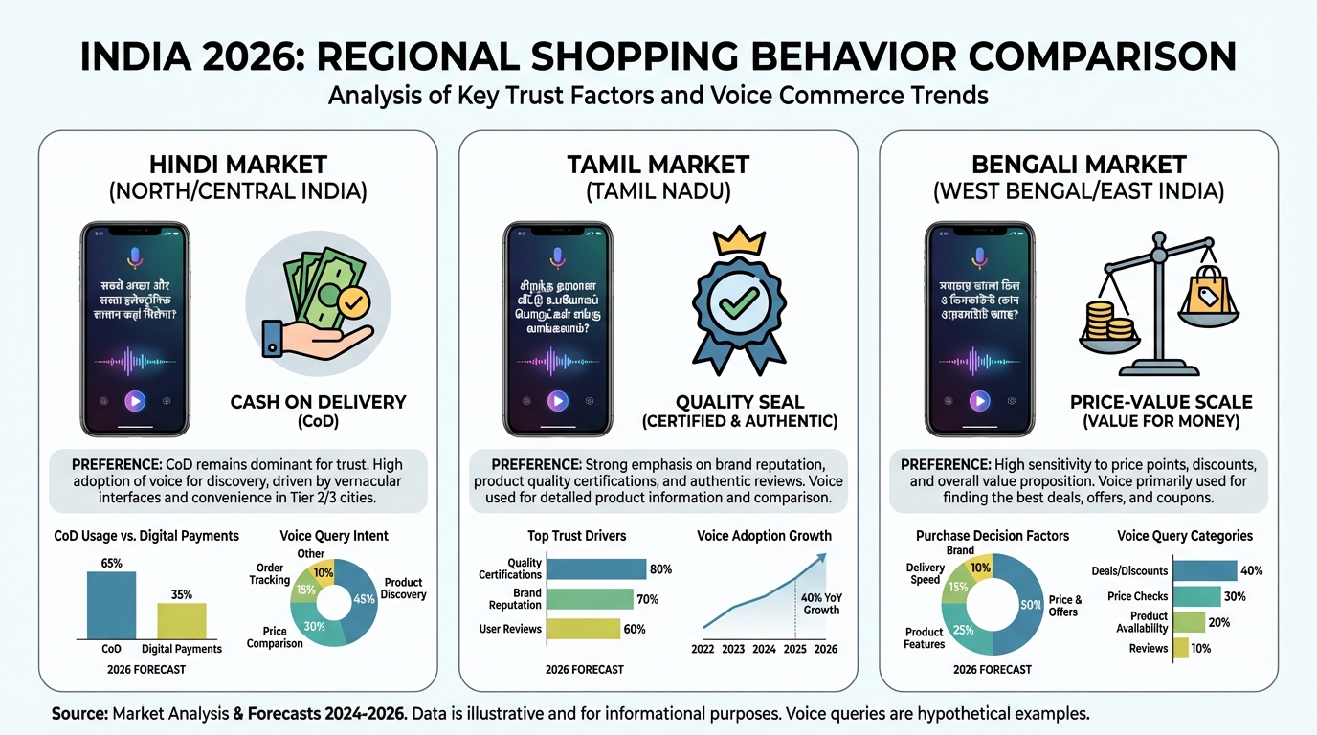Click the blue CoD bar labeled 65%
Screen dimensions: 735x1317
pyautogui.click(x=111, y=605)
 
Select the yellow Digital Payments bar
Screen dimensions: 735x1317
pyautogui.click(x=181, y=620)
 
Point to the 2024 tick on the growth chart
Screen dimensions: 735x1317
pyautogui.click(x=764, y=649)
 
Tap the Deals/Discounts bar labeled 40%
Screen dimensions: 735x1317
pyautogui.click(x=1204, y=571)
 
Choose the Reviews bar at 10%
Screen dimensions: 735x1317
pyautogui.click(x=1180, y=648)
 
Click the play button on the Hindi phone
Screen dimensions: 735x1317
pyautogui.click(x=135, y=401)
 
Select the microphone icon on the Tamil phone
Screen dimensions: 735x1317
pyautogui.click(x=557, y=256)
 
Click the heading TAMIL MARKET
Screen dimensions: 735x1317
pyautogui.click(x=658, y=164)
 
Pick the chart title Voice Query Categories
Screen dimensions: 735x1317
pyautogui.click(x=1185, y=536)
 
